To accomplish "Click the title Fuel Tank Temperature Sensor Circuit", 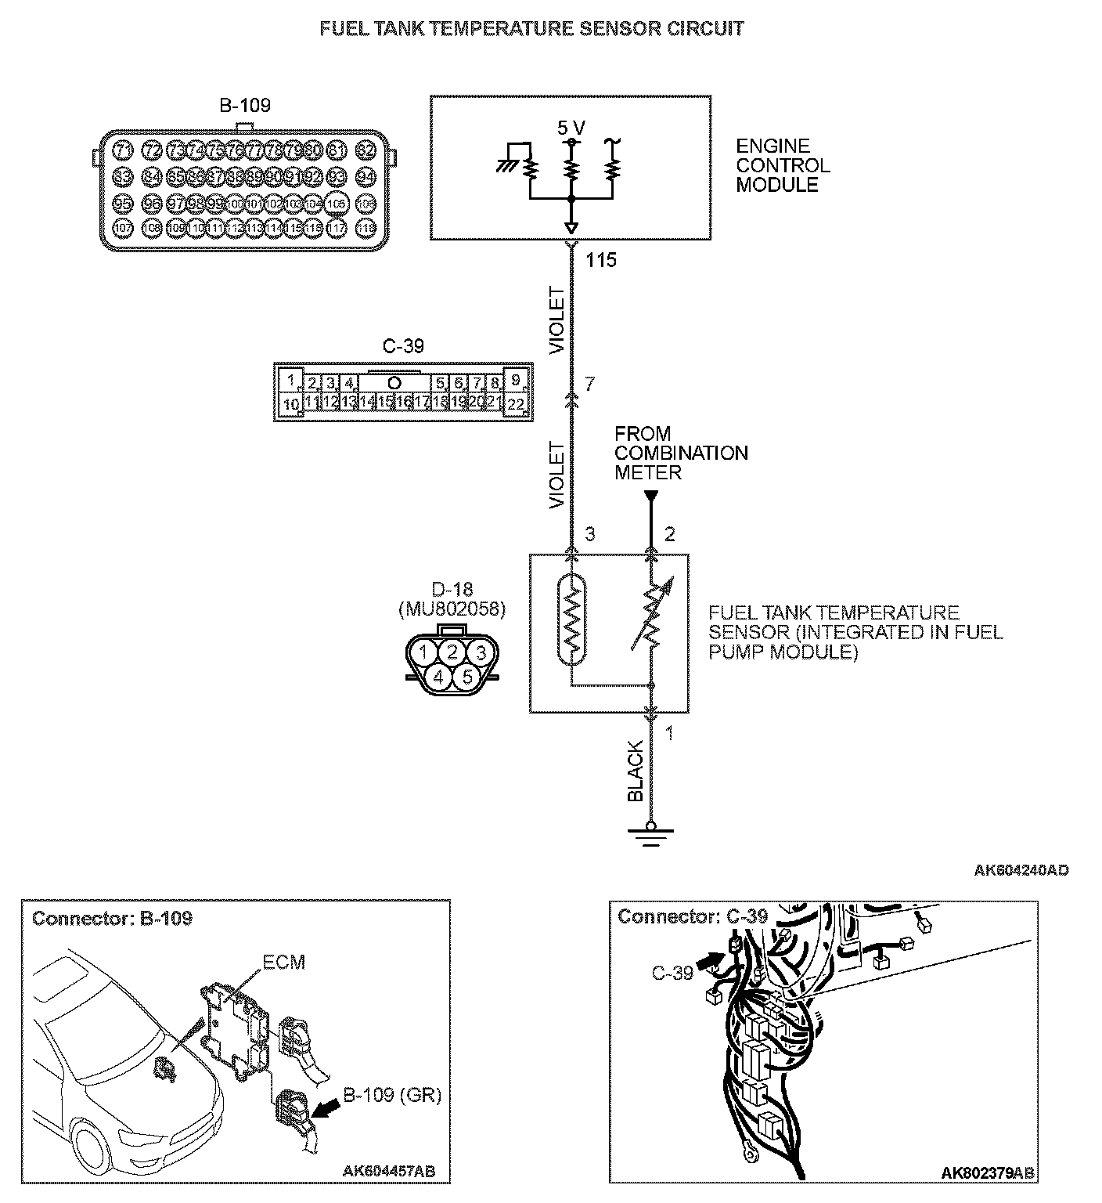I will click(532, 28).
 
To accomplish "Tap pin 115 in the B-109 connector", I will click(294, 228).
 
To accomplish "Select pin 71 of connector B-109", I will click(123, 150).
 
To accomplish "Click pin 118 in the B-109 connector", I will click(366, 228).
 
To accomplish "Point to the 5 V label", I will click(571, 128).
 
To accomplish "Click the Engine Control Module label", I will click(782, 166).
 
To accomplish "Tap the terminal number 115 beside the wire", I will click(601, 261).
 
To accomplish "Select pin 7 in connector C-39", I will click(477, 384).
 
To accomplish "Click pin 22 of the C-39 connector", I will click(515, 404).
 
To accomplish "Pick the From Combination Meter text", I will click(680, 453).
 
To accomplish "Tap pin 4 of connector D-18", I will click(438, 676).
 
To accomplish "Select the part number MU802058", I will click(452, 609).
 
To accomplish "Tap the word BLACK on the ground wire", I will click(636, 771).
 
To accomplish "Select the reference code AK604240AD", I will click(1021, 870).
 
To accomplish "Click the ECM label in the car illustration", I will click(284, 962).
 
